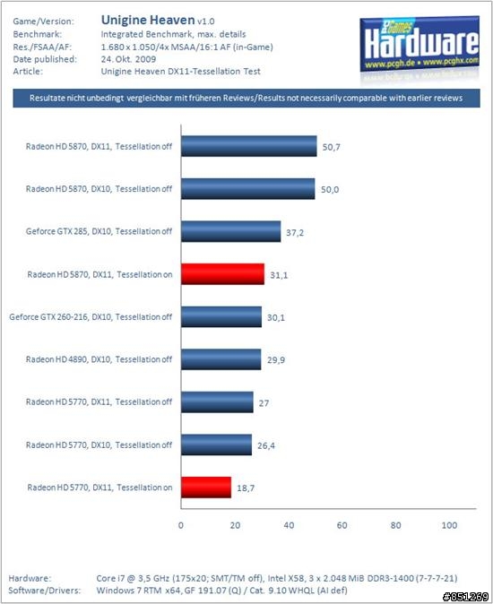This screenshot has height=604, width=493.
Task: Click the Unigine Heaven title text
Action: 148,20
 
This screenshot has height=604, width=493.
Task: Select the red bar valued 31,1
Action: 222,274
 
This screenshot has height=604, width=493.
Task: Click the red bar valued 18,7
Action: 206,488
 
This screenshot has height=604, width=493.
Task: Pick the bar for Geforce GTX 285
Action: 230,231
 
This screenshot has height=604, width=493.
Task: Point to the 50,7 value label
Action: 332,147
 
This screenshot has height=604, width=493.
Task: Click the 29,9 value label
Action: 276,359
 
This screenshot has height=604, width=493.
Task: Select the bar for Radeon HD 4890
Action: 221,359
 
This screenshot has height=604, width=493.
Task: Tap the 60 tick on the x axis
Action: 342,525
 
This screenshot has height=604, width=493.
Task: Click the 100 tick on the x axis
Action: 449,525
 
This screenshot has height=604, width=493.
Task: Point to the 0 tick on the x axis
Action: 181,525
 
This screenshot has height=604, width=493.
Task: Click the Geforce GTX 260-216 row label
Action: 91,317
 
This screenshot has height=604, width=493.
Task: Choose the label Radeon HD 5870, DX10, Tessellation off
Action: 99,189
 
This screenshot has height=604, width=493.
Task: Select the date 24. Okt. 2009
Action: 128,59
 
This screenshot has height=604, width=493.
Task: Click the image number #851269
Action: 465,597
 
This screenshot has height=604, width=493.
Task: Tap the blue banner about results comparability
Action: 246,99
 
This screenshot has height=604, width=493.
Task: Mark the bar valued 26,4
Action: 216,444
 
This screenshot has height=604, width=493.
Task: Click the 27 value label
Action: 264,403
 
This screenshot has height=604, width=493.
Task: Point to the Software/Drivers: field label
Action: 45,591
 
